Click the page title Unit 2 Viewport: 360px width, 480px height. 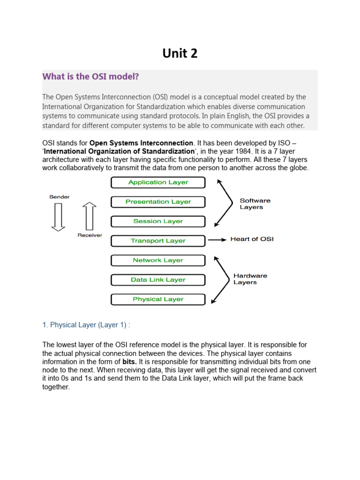click(180, 53)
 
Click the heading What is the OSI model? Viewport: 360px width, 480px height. click(90, 76)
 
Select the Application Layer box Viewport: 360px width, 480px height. click(158, 182)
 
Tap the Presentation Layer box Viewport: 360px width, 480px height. click(158, 202)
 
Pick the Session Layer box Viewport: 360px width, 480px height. click(158, 221)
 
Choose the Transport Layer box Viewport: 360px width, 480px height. click(158, 241)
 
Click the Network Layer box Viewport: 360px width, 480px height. click(158, 260)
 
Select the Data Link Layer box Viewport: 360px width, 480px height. click(158, 280)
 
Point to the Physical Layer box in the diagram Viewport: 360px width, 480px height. click(158, 299)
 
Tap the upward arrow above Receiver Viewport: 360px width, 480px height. click(89, 216)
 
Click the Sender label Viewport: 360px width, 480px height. click(59, 197)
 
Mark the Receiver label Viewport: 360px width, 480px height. click(90, 235)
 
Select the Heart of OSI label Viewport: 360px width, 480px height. click(252, 239)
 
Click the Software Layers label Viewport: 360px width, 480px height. click(255, 204)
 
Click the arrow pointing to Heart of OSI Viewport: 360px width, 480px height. click(217, 240)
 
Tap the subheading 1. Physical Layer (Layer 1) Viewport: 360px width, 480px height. click(86, 324)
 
